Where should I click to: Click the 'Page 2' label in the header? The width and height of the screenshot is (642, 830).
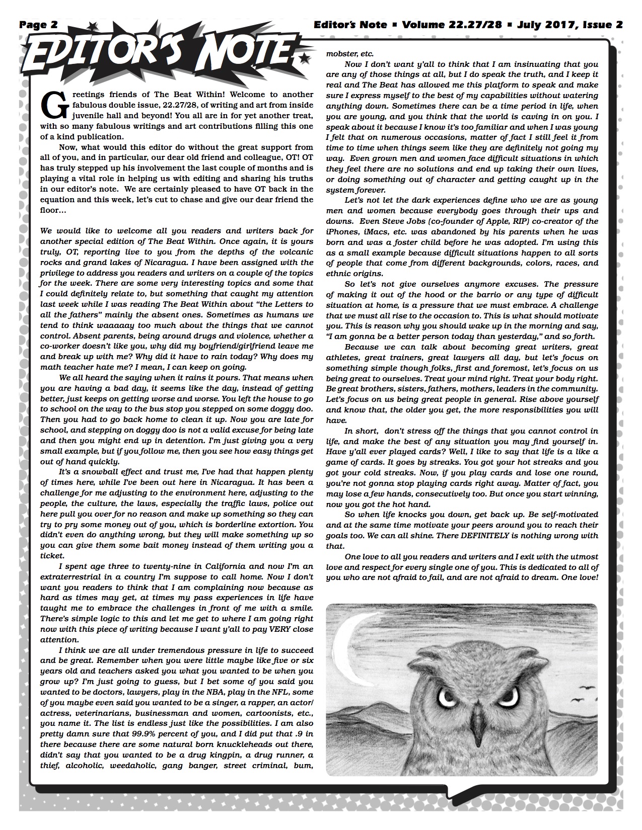[x=39, y=24]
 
